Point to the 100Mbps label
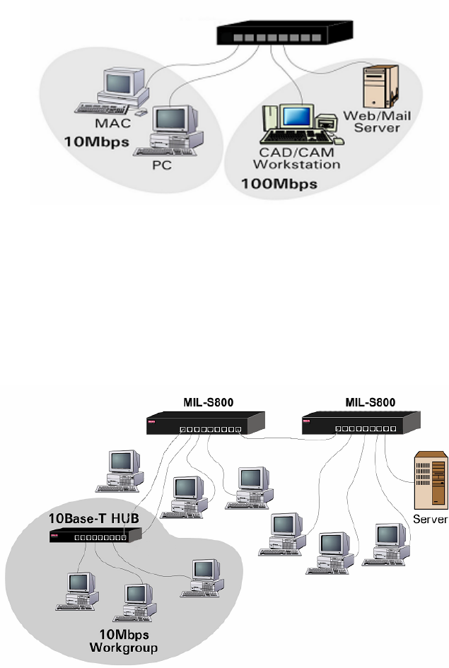280,184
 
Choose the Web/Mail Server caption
372,122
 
